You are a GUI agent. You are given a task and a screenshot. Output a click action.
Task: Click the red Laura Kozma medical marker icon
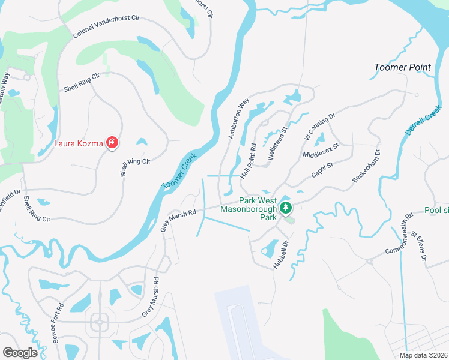pos(112,143)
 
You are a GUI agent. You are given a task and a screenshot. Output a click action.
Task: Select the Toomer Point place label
pos(402,67)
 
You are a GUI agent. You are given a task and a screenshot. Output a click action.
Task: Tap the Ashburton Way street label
pos(238,119)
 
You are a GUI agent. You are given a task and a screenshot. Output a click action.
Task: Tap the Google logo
pos(20,353)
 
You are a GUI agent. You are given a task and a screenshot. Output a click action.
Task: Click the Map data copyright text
pos(423,355)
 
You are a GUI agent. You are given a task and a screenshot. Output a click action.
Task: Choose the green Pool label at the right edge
pos(436,211)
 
